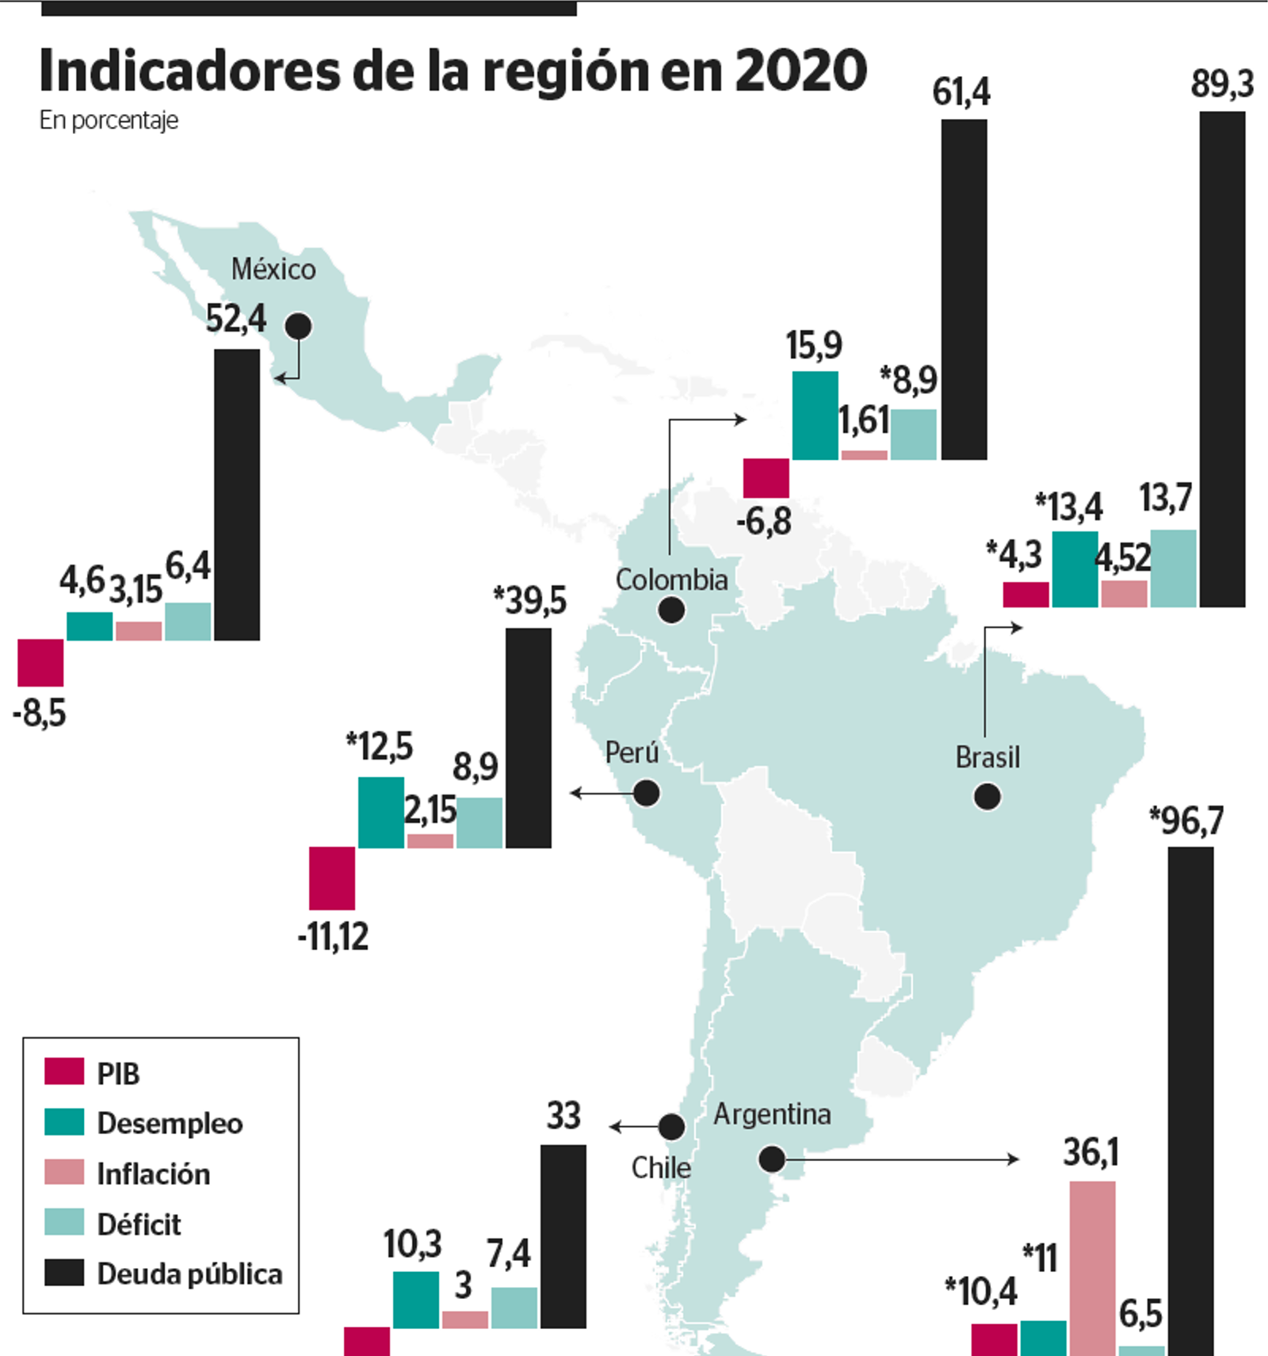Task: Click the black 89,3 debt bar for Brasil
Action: (1222, 358)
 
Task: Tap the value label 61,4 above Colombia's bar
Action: (961, 92)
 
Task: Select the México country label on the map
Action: (273, 270)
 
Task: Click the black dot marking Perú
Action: (647, 793)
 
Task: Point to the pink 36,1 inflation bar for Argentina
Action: (1092, 1267)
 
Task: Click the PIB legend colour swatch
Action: (64, 1071)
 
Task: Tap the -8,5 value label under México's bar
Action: (40, 714)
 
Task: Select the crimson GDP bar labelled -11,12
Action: (332, 878)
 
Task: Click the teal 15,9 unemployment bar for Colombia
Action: (815, 416)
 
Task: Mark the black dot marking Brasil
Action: (987, 796)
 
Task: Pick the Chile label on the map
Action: (660, 1167)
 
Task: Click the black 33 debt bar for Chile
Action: (563, 1235)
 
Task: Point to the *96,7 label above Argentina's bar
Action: (1186, 821)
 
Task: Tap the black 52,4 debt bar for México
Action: (237, 494)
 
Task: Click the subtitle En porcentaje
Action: (109, 121)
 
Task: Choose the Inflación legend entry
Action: (153, 1174)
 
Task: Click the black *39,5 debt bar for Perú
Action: (529, 737)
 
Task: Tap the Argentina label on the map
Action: (772, 1114)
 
